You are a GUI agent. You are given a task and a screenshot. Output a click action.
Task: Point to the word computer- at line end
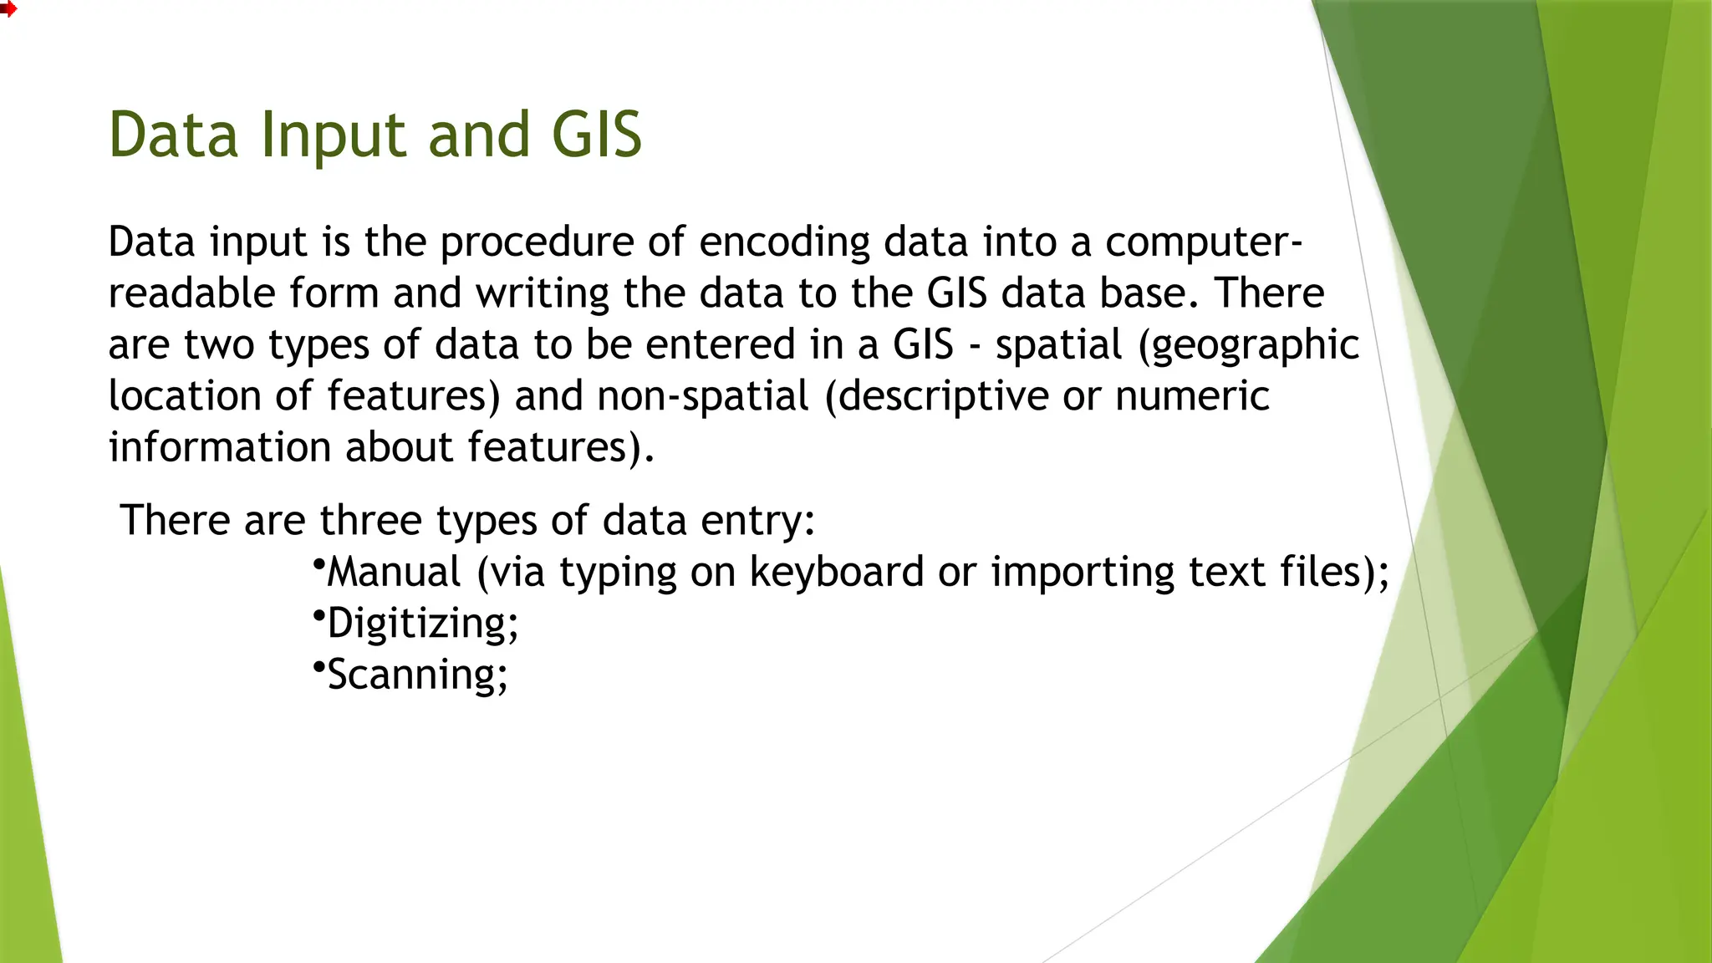click(1203, 243)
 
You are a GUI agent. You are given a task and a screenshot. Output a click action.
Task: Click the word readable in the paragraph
click(191, 293)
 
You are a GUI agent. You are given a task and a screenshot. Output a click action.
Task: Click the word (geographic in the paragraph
click(1249, 346)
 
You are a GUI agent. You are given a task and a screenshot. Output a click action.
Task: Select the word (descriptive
click(936, 396)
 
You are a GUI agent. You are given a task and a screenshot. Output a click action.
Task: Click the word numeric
click(1192, 396)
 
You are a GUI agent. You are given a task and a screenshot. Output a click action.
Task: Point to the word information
click(220, 447)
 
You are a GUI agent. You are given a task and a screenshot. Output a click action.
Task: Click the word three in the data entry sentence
click(370, 521)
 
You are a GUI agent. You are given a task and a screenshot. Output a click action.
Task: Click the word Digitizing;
click(422, 624)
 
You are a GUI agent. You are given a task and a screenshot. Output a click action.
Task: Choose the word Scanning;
click(417, 675)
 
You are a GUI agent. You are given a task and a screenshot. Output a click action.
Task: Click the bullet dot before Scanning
click(318, 666)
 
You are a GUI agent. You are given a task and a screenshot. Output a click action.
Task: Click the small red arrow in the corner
click(8, 9)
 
